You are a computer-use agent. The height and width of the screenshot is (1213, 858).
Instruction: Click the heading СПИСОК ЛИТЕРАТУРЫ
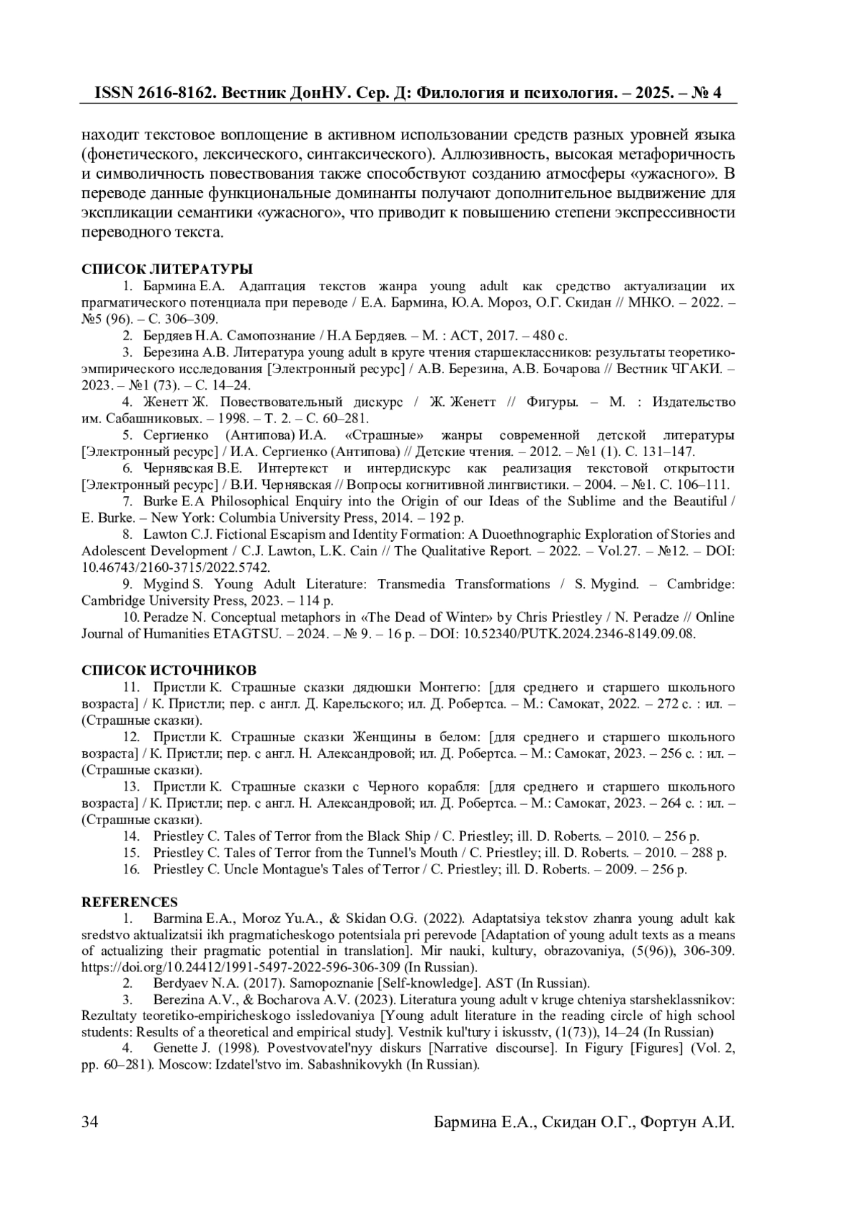(167, 269)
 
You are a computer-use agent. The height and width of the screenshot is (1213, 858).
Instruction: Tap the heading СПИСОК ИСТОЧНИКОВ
(169, 670)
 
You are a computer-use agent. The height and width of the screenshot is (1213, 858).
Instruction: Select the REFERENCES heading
(129, 902)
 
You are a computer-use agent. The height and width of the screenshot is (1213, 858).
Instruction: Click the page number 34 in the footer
(89, 1122)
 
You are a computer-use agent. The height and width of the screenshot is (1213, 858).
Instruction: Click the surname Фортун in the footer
(667, 1122)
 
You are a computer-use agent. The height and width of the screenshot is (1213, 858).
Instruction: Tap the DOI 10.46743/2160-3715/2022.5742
(176, 568)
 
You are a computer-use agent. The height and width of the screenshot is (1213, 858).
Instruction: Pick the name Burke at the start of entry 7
(159, 501)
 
